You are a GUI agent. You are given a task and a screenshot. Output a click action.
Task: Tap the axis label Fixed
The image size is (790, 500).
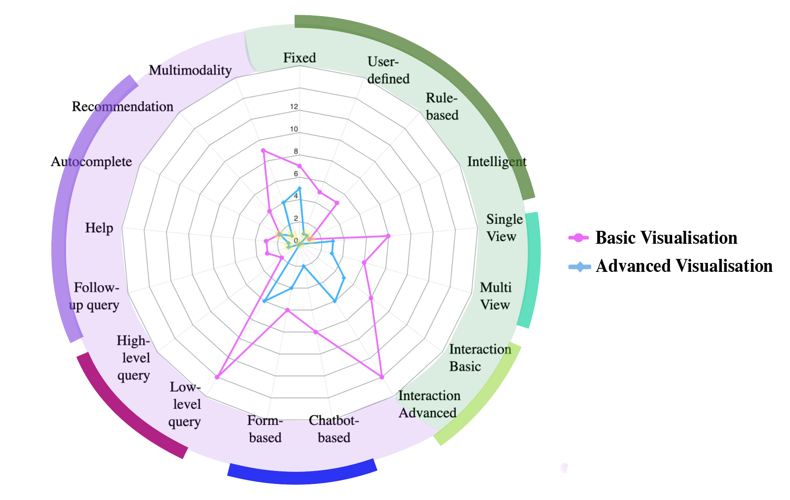point(299,58)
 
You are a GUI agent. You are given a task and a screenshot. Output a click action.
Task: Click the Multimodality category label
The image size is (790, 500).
point(190,70)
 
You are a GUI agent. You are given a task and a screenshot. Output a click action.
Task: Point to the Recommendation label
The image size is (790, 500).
point(123,106)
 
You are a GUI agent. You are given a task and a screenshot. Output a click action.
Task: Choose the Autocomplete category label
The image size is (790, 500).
point(91,161)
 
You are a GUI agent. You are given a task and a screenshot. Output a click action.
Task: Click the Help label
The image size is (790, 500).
point(99,228)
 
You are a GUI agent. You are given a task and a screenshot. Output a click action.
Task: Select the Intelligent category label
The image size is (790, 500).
point(497,161)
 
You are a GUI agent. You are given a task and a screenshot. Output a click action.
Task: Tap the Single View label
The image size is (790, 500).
point(504,228)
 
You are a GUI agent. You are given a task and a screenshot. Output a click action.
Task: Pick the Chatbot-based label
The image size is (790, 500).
point(334,429)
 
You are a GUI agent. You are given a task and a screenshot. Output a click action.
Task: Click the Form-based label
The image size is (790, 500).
point(265,429)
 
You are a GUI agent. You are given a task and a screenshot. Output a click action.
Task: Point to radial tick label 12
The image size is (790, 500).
point(294,107)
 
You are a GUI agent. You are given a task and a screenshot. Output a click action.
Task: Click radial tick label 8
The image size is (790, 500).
point(295,151)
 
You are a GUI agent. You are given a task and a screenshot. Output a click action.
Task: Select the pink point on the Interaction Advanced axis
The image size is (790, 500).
point(382,377)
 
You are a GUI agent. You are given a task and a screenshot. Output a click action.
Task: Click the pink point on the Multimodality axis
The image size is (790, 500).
point(263,150)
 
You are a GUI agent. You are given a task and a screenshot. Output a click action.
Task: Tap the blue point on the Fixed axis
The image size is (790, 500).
point(299,188)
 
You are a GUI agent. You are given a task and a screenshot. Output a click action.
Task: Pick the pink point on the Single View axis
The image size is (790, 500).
point(388,235)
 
